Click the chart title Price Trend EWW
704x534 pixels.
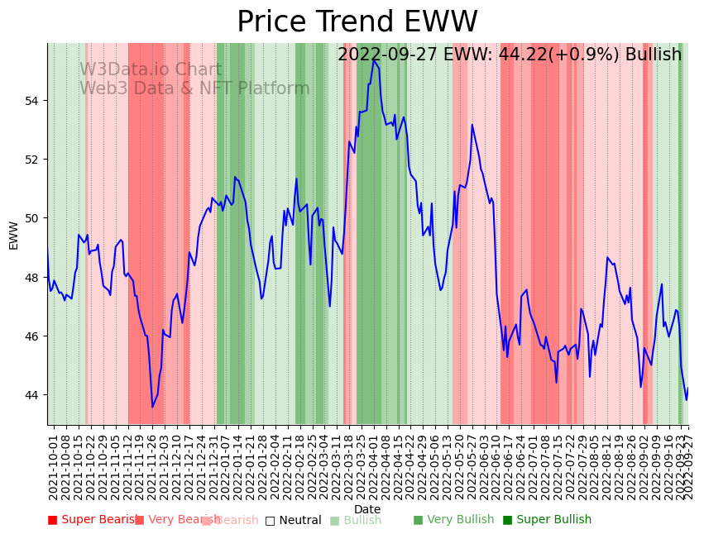point(357,22)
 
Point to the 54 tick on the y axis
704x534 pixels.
point(34,101)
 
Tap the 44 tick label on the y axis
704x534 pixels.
point(34,395)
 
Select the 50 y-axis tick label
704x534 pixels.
point(34,218)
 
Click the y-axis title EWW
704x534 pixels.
point(13,235)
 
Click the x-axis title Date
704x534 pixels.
point(367,510)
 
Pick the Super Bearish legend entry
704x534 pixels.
point(93,520)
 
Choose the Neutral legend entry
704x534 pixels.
point(293,520)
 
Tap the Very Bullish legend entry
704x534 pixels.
point(453,520)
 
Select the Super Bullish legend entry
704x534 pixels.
point(547,520)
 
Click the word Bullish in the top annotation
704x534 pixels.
point(654,55)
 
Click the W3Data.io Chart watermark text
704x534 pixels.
point(151,70)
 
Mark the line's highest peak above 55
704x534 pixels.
point(374,60)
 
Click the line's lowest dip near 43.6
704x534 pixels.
point(152,407)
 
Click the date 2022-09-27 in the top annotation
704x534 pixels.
point(388,55)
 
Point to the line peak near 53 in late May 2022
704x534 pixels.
point(472,125)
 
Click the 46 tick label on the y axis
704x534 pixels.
point(34,336)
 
